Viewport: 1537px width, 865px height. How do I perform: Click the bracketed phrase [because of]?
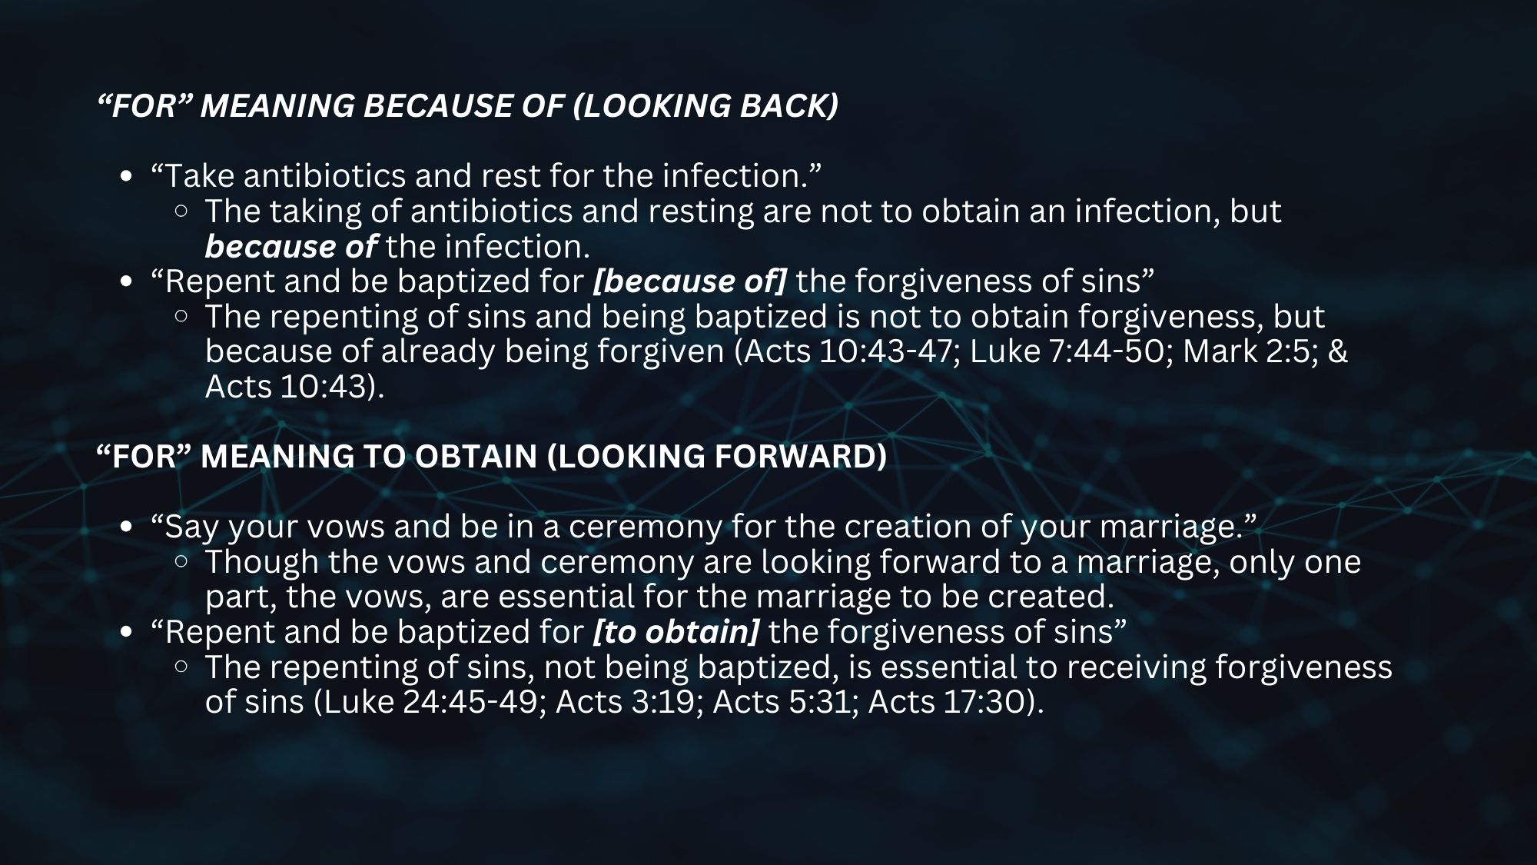[x=690, y=282]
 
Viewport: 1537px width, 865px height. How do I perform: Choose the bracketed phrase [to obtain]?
[x=676, y=632]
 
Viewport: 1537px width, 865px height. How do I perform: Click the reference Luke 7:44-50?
[x=1071, y=351]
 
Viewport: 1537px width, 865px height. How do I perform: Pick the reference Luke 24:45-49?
[x=434, y=702]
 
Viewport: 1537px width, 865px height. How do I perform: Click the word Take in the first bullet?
[x=198, y=176]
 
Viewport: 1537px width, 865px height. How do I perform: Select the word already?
[x=439, y=352]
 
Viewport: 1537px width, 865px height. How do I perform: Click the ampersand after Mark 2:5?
[x=1337, y=351]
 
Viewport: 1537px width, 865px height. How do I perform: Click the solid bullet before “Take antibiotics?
[x=128, y=178]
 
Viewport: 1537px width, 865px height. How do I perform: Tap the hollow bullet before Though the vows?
[x=181, y=562]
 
